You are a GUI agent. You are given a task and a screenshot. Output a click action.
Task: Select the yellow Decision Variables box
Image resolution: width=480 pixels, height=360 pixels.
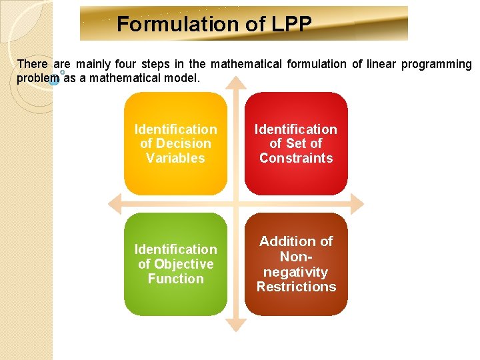[x=175, y=143]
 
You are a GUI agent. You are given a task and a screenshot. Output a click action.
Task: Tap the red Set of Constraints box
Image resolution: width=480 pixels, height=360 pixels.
[x=296, y=143]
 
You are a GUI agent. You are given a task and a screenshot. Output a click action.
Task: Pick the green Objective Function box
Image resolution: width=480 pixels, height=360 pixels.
[x=175, y=264]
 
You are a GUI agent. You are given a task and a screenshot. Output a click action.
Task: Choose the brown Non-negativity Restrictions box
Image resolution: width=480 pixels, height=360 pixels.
[x=296, y=264]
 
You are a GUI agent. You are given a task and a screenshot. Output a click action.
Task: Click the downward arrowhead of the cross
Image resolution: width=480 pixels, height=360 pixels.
[x=236, y=325]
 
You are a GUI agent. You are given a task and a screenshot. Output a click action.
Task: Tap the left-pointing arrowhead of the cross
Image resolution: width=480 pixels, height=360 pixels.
[x=115, y=203]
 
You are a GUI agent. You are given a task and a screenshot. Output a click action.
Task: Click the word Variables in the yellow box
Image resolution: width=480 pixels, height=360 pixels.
[x=175, y=158]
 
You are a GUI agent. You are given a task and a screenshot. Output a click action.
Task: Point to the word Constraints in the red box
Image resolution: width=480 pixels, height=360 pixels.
[x=296, y=158]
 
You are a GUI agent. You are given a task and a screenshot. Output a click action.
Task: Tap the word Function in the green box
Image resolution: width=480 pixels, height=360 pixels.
[x=175, y=279]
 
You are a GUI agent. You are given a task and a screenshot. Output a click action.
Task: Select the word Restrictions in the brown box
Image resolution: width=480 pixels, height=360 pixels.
[x=296, y=287]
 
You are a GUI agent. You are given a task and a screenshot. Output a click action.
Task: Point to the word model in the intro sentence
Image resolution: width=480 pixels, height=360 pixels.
[x=182, y=78]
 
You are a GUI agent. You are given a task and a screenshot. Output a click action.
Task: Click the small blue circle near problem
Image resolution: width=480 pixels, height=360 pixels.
[x=55, y=81]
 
